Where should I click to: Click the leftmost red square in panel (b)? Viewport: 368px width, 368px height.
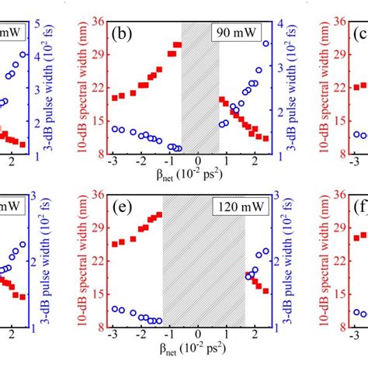tap(115, 98)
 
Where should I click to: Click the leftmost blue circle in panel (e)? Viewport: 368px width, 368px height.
tap(115, 308)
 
